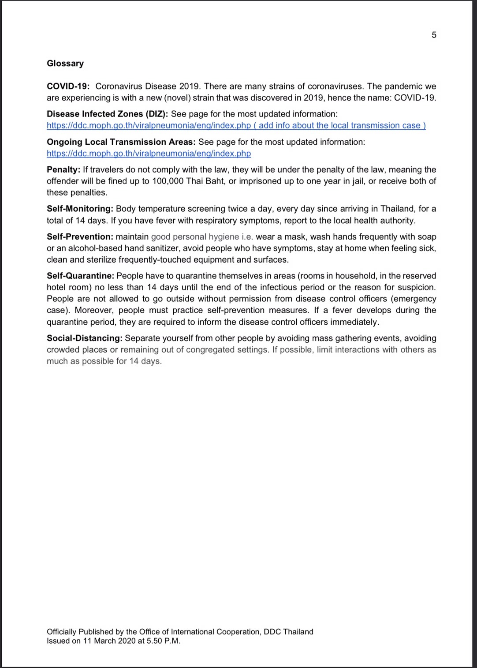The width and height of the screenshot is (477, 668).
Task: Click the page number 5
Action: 434,35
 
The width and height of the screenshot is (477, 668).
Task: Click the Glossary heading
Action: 65,63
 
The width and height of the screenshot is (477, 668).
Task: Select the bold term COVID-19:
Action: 68,86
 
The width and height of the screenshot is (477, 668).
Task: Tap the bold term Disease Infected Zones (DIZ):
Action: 108,114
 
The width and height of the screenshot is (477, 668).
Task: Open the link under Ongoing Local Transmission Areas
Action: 149,154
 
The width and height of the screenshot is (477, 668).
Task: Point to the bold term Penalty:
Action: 63,169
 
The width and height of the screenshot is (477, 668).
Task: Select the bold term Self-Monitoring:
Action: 80,209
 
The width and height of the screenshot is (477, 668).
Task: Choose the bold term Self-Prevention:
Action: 80,237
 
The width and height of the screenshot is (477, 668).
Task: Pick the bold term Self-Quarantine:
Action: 80,276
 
